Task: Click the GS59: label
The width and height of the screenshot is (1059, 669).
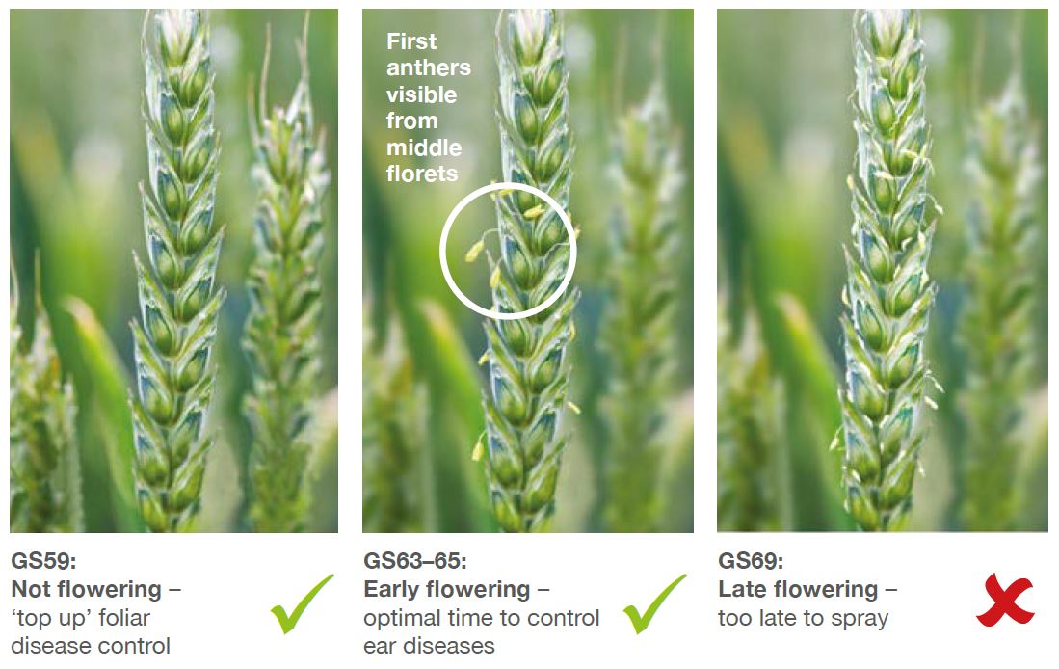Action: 44,561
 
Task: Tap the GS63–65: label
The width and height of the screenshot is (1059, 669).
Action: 414,561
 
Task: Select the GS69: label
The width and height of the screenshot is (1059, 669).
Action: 751,561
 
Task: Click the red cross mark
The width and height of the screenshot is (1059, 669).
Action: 1005,600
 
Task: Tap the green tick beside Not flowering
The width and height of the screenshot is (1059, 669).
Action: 302,604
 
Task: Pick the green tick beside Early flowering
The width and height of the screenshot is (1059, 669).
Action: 654,604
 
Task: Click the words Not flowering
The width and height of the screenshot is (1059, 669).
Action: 87,589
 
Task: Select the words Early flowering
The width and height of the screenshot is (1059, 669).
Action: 446,589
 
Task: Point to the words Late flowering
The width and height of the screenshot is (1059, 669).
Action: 798,589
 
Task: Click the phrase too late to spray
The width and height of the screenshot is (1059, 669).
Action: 803,618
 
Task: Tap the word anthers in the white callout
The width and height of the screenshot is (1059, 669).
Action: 428,67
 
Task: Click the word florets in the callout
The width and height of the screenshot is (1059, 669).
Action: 422,174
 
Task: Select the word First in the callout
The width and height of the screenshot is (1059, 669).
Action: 411,41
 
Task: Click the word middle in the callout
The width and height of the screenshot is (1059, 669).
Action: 423,147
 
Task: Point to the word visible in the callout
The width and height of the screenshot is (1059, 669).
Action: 421,94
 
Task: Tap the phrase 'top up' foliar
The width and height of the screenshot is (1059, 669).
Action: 80,618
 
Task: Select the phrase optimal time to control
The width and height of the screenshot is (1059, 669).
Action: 482,618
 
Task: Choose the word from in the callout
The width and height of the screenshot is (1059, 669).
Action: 412,120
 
